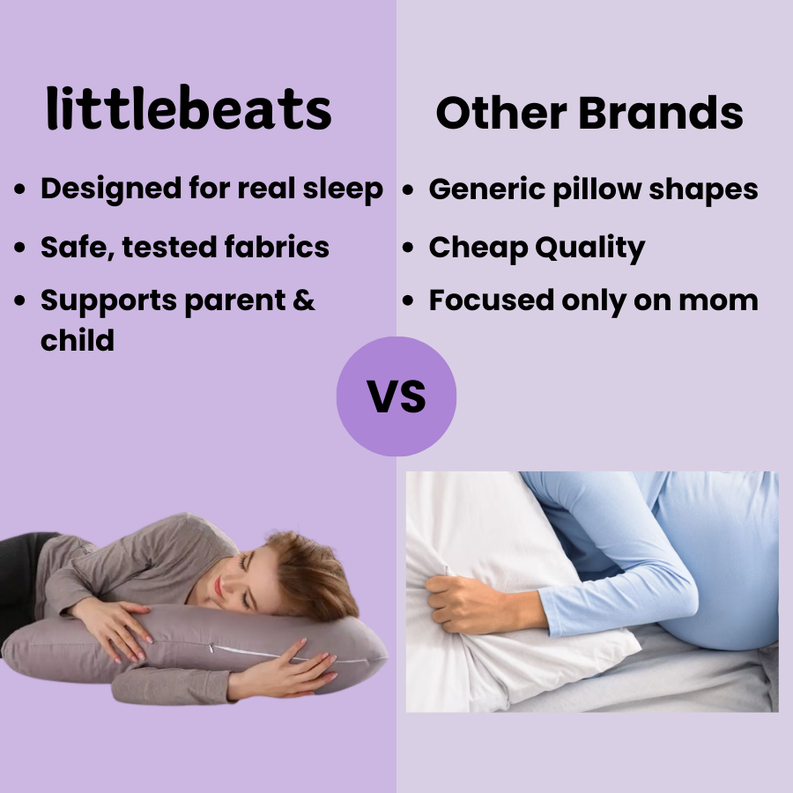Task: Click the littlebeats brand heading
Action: (189, 111)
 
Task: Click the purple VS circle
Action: (396, 396)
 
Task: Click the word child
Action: (78, 340)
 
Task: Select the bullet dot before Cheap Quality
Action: (408, 248)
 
